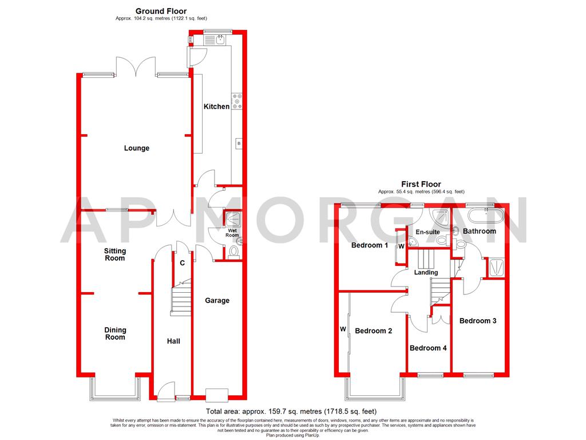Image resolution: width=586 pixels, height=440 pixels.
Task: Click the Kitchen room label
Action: tap(217, 107)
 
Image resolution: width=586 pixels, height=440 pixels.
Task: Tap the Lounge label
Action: tap(137, 148)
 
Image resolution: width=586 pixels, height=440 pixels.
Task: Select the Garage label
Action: tap(217, 300)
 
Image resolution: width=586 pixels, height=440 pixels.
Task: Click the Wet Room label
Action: tap(232, 233)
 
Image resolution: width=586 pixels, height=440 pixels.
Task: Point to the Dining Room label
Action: tap(115, 333)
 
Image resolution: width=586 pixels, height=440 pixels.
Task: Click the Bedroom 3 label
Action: tap(477, 321)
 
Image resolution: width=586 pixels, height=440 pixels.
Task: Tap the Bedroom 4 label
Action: tap(428, 348)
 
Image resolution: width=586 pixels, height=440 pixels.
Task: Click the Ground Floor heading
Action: tap(161, 11)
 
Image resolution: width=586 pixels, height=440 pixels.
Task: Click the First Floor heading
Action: tap(421, 184)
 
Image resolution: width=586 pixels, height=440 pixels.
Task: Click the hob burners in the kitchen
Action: tap(237, 101)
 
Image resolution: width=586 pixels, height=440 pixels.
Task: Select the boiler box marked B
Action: tap(237, 143)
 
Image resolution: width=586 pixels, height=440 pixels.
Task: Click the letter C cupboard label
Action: tap(182, 264)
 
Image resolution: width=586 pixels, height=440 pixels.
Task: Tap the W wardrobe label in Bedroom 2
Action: tap(343, 329)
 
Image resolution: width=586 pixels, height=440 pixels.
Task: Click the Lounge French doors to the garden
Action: tap(136, 68)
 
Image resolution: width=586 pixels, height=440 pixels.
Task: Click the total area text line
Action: tap(291, 411)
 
